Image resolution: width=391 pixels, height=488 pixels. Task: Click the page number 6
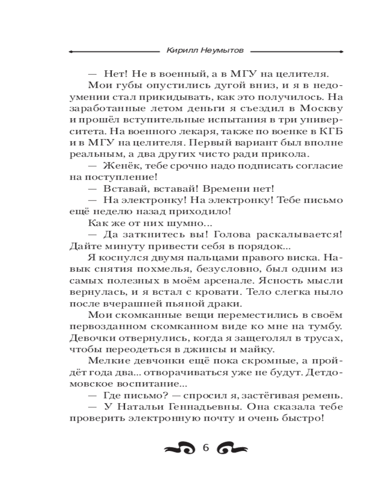[205, 448]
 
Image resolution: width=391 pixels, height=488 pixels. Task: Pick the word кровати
[219, 294]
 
